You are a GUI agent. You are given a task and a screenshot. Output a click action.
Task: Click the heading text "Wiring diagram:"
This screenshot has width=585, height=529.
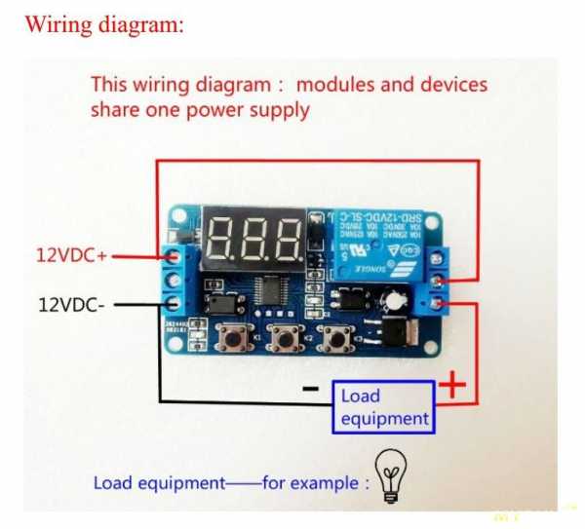click(103, 24)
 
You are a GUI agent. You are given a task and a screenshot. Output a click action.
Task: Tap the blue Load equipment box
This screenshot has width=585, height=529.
click(384, 407)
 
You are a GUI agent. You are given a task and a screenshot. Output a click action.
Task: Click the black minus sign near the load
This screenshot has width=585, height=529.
click(310, 388)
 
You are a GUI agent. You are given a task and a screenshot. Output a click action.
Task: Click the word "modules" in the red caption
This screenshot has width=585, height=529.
click(337, 84)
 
